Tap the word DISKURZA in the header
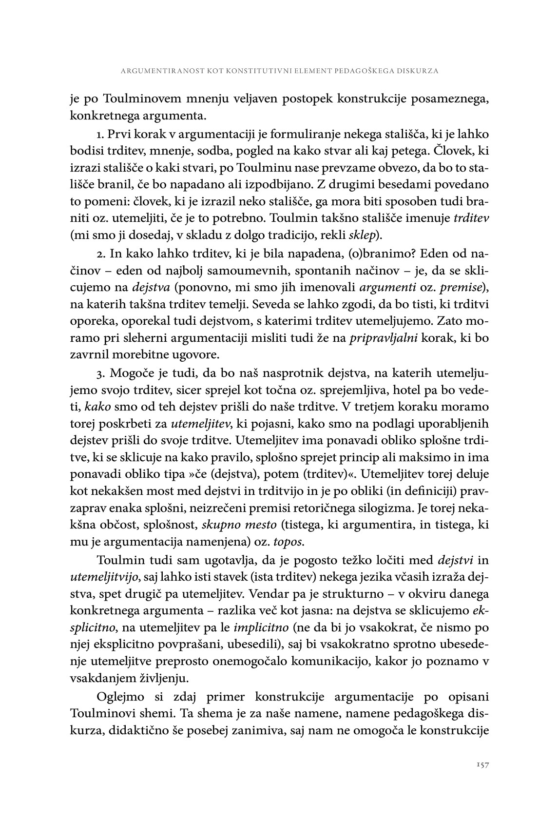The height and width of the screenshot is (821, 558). click(x=421, y=71)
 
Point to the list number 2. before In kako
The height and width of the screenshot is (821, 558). click(x=101, y=254)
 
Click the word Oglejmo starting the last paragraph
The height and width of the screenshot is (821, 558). click(x=122, y=695)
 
